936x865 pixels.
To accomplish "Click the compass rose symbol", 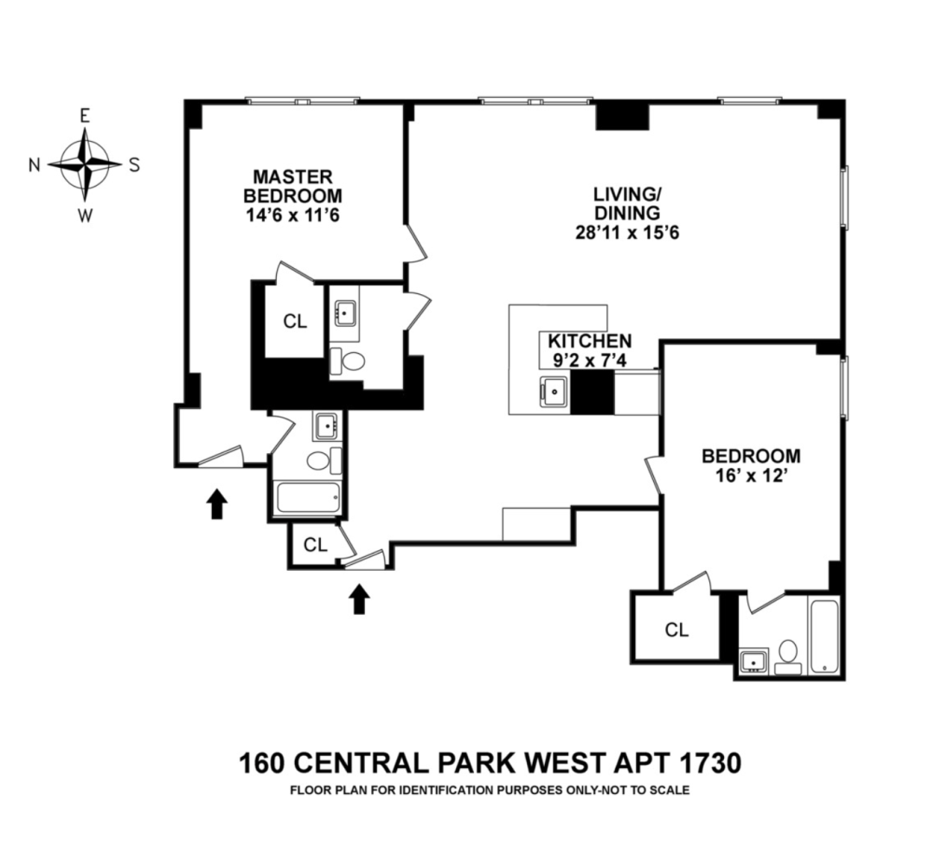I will (x=85, y=163).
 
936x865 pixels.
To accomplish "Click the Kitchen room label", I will (x=586, y=341).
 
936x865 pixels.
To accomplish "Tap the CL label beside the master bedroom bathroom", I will (x=295, y=321).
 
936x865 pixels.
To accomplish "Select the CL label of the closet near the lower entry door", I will (x=315, y=545).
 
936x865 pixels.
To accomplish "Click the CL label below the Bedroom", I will (x=676, y=630).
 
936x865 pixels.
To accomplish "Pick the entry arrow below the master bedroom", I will (x=216, y=503).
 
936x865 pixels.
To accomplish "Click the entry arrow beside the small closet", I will (x=359, y=598).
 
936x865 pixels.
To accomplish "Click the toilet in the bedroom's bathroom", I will (x=788, y=654).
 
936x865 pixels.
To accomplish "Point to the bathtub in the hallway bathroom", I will (x=307, y=499).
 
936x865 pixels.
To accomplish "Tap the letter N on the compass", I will (x=35, y=165).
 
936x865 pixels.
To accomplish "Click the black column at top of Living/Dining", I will (x=622, y=115).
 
